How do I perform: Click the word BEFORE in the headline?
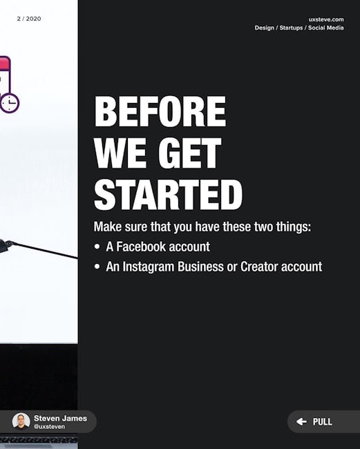tap(160, 111)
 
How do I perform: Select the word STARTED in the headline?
tap(169, 195)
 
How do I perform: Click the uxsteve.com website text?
tap(326, 19)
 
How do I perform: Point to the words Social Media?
tap(326, 28)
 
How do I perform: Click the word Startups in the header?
tap(291, 28)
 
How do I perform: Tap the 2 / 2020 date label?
tap(29, 19)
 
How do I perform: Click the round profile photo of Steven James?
tap(21, 421)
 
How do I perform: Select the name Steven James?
tap(60, 418)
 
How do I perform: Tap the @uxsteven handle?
tap(49, 427)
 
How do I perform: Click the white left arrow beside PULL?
tap(301, 421)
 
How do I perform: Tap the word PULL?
tap(323, 422)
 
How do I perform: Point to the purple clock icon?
tap(10, 103)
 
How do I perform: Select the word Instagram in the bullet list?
tap(149, 267)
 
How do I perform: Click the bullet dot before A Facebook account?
tap(97, 247)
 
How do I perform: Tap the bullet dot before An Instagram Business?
tap(97, 267)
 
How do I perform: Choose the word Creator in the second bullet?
tap(259, 267)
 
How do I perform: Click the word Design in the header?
tap(265, 28)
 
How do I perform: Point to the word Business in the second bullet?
tap(200, 267)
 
